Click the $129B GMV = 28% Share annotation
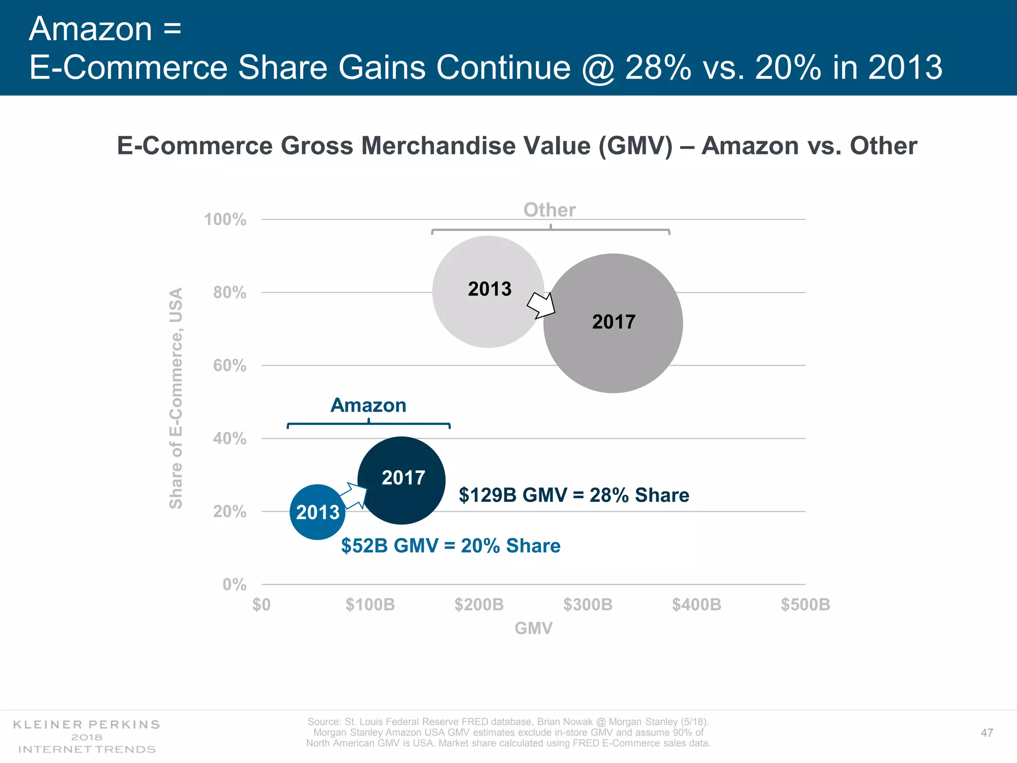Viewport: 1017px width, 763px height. (x=574, y=495)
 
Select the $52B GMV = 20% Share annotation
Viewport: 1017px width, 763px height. (x=450, y=546)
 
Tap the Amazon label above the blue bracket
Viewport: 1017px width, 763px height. (x=368, y=405)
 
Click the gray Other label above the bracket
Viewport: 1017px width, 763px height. (x=549, y=210)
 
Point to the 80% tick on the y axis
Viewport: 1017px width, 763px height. (x=229, y=293)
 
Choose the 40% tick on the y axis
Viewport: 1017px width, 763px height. (x=229, y=439)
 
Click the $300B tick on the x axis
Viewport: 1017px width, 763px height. (x=588, y=605)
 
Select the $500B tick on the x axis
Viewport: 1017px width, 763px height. (x=805, y=605)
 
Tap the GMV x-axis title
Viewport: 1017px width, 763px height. (x=533, y=628)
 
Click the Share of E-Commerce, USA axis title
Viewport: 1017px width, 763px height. (x=176, y=398)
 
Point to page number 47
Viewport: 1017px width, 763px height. (x=987, y=733)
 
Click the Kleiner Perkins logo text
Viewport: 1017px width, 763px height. (x=86, y=725)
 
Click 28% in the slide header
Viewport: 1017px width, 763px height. (x=658, y=68)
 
